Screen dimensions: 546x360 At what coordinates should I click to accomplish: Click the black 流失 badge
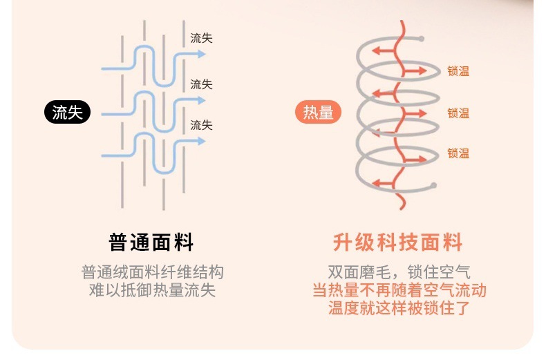pos(68,112)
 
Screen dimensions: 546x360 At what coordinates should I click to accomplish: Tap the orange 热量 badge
pos(319,112)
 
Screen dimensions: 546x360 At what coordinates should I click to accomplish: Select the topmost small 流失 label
pos(201,39)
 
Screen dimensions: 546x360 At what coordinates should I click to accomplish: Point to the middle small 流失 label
pos(201,84)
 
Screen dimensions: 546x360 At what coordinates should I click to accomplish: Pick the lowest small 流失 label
pos(201,125)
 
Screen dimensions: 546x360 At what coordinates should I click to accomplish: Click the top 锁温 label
pos(458,71)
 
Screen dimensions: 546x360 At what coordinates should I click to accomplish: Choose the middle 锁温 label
pos(458,113)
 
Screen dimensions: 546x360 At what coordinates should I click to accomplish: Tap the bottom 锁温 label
pos(458,153)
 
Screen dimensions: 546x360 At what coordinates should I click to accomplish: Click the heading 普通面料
pos(152,243)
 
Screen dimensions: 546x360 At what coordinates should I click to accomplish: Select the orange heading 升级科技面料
pos(397,243)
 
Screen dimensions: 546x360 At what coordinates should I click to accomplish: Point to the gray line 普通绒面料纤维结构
pos(152,272)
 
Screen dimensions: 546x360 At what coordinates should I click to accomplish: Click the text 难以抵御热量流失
pos(152,290)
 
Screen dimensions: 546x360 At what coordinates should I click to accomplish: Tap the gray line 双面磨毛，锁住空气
pos(399,272)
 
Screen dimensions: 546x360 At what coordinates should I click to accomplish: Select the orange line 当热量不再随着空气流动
pos(399,290)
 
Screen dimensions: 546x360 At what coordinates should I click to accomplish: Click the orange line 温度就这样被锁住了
pos(399,308)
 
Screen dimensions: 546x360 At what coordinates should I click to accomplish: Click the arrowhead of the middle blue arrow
pos(202,100)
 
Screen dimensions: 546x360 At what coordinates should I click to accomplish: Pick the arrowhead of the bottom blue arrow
pos(202,141)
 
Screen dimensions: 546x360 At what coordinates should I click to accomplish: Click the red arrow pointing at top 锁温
pos(420,71)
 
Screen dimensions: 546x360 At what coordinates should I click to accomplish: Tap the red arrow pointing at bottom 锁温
pos(420,153)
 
